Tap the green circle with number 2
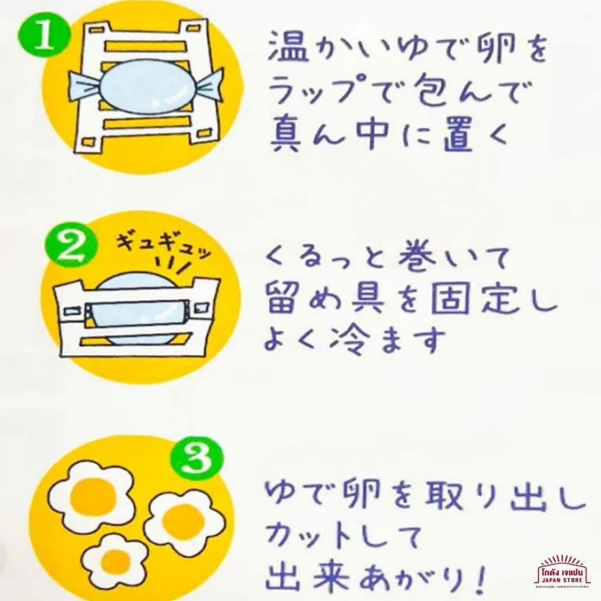[x=70, y=249]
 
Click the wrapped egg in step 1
[x=140, y=88]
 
